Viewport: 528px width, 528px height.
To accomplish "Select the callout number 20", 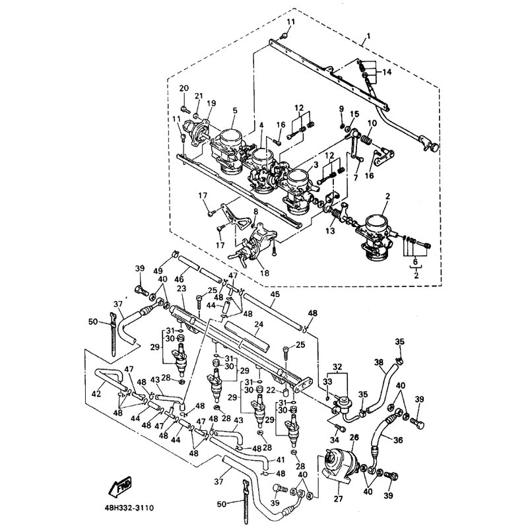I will pos(183,88).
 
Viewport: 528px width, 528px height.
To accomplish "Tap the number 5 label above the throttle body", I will pos(234,111).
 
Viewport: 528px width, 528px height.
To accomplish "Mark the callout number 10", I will pos(372,123).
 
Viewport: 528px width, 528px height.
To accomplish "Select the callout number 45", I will pos(276,294).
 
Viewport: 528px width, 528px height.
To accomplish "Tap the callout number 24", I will pos(259,325).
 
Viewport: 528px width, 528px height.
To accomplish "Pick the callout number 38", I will pos(378,362).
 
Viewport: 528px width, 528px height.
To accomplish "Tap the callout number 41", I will pos(280,459).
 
